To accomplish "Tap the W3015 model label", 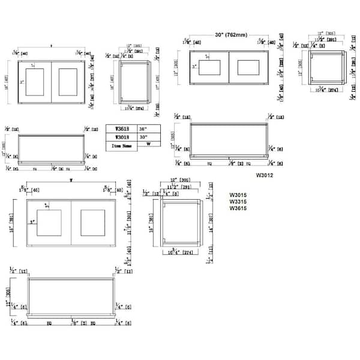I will [x=238, y=194].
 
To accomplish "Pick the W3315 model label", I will [x=238, y=202].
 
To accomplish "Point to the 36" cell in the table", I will [x=143, y=128].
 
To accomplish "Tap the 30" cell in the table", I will [x=143, y=136].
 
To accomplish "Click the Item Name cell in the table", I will [x=119, y=145].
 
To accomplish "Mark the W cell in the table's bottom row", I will [x=148, y=145].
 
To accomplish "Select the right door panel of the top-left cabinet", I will [x=68, y=82].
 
